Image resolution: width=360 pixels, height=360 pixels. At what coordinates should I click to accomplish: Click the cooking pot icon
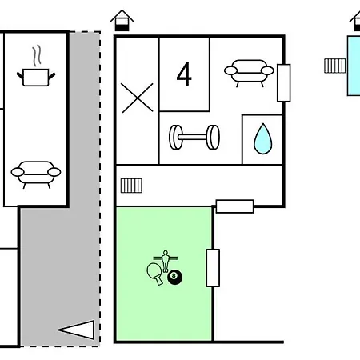(x=36, y=78)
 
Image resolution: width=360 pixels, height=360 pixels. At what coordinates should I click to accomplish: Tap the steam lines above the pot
(x=37, y=55)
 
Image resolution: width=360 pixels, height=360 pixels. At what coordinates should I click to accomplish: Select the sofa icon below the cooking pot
(x=36, y=174)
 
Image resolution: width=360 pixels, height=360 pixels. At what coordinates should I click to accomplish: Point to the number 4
(x=184, y=74)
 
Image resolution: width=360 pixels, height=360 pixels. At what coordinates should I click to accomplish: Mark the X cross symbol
(x=138, y=98)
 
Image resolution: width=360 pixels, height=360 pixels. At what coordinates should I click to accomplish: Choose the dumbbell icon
(x=194, y=137)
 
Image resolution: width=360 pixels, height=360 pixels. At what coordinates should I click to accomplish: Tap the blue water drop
(x=263, y=139)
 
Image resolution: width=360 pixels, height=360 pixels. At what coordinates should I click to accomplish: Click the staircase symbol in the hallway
(x=131, y=186)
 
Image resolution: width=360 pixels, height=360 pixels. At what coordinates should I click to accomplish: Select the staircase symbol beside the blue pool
(x=335, y=66)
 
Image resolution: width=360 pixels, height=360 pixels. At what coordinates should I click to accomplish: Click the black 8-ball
(x=175, y=277)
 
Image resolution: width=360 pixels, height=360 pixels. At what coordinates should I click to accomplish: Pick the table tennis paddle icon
(x=155, y=274)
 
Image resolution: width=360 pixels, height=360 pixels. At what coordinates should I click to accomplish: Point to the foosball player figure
(x=166, y=261)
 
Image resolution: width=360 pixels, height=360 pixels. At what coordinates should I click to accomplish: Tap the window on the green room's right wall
(x=213, y=268)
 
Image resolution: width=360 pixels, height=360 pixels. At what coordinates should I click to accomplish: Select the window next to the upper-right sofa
(x=284, y=83)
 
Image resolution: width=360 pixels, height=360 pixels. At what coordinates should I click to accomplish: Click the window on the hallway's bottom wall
(x=234, y=206)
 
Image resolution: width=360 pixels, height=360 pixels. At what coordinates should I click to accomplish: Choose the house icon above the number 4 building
(x=122, y=21)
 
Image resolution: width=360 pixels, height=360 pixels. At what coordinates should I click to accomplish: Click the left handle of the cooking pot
(x=20, y=75)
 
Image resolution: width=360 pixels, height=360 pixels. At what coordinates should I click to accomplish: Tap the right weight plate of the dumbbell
(x=213, y=137)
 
